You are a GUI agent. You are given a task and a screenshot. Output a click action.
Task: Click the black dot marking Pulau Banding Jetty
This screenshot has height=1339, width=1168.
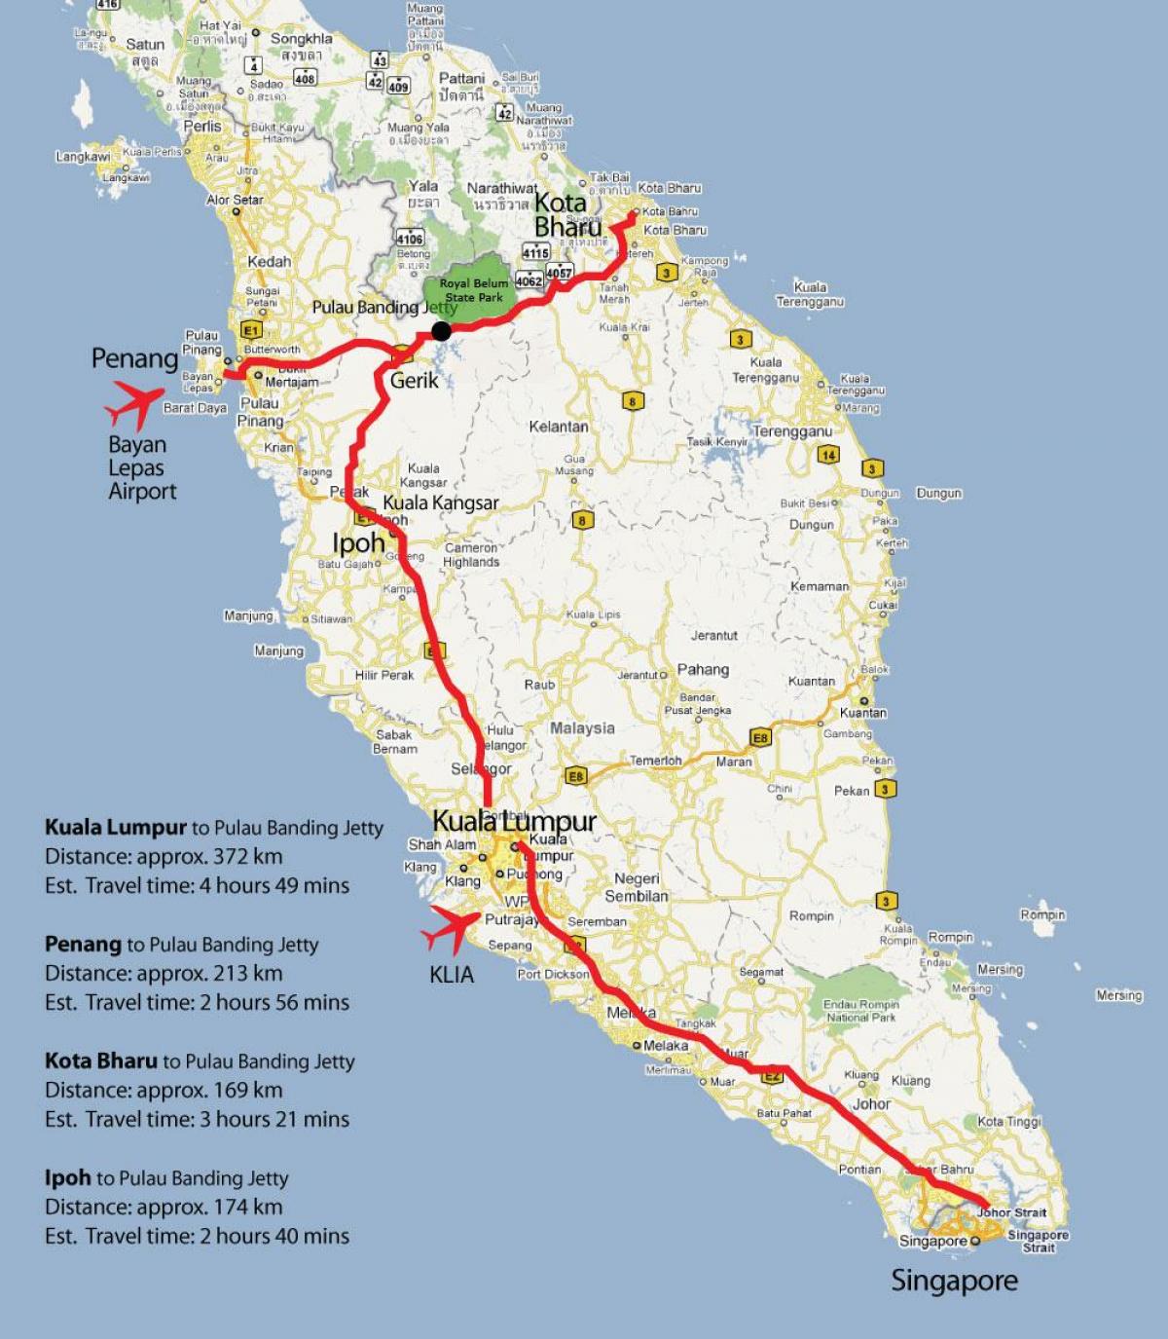click(x=441, y=331)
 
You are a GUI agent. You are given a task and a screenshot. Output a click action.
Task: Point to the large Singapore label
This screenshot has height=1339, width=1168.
click(x=954, y=1281)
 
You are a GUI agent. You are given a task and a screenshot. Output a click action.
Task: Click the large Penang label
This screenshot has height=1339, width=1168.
click(x=134, y=358)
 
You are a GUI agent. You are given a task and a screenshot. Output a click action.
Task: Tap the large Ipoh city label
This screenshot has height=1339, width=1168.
click(x=358, y=542)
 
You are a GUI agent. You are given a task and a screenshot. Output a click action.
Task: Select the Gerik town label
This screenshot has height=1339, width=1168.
click(x=415, y=381)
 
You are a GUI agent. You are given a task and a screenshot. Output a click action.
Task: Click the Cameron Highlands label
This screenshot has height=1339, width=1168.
click(x=471, y=555)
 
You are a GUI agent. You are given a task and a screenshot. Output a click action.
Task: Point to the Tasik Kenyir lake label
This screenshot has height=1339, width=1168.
click(x=718, y=442)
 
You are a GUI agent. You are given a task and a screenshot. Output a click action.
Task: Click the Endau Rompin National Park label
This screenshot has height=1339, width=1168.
click(x=861, y=1011)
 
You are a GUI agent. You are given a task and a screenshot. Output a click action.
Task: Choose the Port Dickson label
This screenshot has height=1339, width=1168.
click(x=553, y=974)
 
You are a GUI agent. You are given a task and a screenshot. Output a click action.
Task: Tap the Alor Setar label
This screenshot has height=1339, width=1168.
click(x=235, y=200)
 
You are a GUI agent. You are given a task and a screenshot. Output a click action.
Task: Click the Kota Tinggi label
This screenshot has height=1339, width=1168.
click(x=1008, y=1122)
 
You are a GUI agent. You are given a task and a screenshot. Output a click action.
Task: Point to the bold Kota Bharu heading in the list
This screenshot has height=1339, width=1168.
click(x=100, y=1060)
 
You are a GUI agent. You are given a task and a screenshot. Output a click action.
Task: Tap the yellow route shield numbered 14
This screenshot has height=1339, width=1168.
click(x=827, y=454)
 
